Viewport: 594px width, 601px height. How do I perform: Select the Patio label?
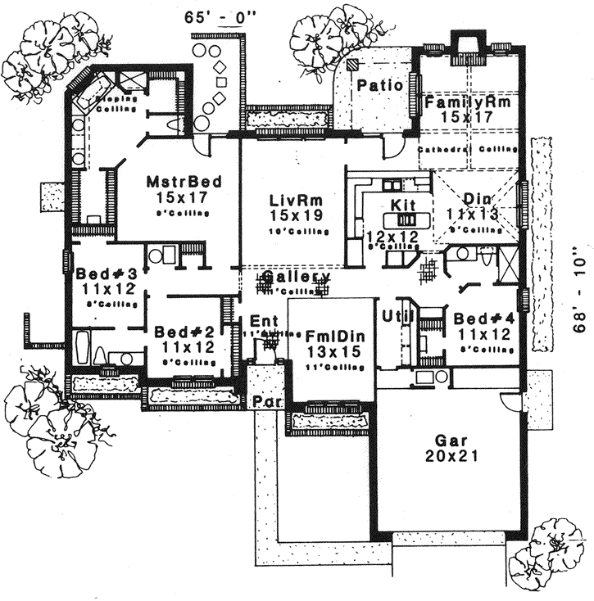pyautogui.click(x=379, y=85)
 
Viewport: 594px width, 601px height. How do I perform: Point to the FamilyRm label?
pyautogui.click(x=468, y=103)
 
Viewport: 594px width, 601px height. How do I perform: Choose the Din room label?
pyautogui.click(x=477, y=199)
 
